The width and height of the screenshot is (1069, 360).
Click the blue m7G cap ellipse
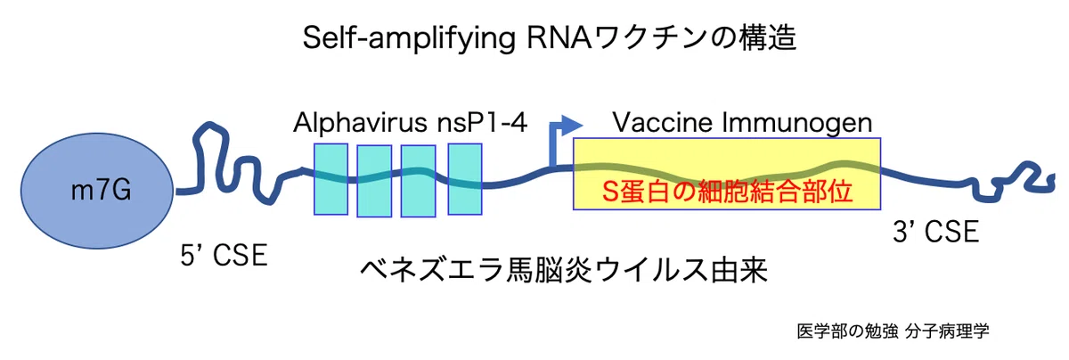pyautogui.click(x=97, y=191)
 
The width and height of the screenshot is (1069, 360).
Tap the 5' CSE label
pyautogui.click(x=224, y=255)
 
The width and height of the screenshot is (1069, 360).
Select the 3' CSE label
pyautogui.click(x=936, y=232)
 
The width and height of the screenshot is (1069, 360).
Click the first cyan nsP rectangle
pyautogui.click(x=330, y=179)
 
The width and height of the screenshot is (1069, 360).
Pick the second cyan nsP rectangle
pyautogui.click(x=374, y=181)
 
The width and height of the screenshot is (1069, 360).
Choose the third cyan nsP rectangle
pyautogui.click(x=418, y=181)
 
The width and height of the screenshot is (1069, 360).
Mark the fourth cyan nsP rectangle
pyautogui.click(x=465, y=179)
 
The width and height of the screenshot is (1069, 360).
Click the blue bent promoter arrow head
pyautogui.click(x=571, y=126)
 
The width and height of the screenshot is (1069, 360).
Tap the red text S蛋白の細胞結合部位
pyautogui.click(x=727, y=192)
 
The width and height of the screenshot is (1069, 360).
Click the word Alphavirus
pyautogui.click(x=360, y=122)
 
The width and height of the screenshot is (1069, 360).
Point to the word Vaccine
pyautogui.click(x=664, y=122)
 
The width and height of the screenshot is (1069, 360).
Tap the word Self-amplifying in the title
pyautogui.click(x=409, y=38)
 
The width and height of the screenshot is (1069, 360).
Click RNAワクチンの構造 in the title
pyautogui.click(x=662, y=37)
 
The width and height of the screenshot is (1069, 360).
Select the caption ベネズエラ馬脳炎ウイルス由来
pyautogui.click(x=564, y=270)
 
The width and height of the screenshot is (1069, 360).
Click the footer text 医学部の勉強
pyautogui.click(x=847, y=331)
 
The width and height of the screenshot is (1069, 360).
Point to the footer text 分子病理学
pyautogui.click(x=947, y=331)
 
